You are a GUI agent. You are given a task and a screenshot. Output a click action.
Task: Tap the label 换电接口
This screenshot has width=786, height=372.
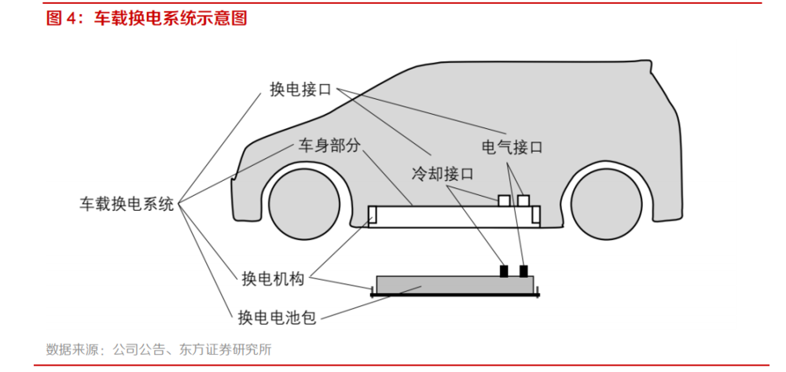click(301, 90)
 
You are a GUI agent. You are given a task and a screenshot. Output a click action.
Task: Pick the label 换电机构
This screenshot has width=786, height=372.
click(273, 278)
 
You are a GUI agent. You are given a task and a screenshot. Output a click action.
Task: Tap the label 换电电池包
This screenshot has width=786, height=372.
click(277, 317)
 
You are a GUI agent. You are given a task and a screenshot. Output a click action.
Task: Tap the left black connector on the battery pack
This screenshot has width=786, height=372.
click(504, 271)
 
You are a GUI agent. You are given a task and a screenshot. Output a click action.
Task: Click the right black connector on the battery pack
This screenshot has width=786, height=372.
click(523, 271)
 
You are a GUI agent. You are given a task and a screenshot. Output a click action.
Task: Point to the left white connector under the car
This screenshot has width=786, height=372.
click(504, 201)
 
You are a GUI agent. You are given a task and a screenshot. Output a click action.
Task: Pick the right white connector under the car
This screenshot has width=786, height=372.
click(523, 201)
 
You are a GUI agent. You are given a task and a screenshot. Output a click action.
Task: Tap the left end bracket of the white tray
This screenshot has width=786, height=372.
click(373, 215)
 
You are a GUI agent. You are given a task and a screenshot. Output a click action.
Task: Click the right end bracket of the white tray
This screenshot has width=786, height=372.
click(536, 215)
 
